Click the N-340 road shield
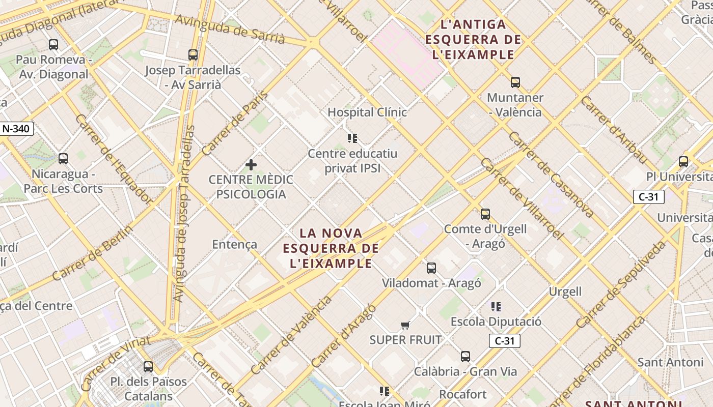pyautogui.click(x=16, y=129)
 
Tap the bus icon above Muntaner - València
pyautogui.click(x=515, y=82)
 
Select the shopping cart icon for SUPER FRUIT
pyautogui.click(x=405, y=325)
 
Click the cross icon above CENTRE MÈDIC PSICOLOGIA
pyautogui.click(x=251, y=165)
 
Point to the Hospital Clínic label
pyautogui.click(x=367, y=112)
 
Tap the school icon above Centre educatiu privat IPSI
pyautogui.click(x=352, y=138)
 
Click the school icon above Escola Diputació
pyautogui.click(x=496, y=306)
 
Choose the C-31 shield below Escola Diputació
pyautogui.click(x=504, y=341)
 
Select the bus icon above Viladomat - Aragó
pyautogui.click(x=431, y=268)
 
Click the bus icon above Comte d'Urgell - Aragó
pyautogui.click(x=485, y=214)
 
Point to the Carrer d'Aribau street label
pyautogui.click(x=614, y=130)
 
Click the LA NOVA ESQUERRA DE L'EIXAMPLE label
pyautogui.click(x=331, y=248)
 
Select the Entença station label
pyautogui.click(x=235, y=244)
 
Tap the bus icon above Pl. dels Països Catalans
pyautogui.click(x=148, y=366)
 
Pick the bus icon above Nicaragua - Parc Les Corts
pyautogui.click(x=63, y=159)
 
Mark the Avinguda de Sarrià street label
pyautogui.click(x=230, y=28)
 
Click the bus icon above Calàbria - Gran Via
pyautogui.click(x=465, y=356)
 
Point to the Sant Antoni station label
pyautogui.click(x=670, y=362)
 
